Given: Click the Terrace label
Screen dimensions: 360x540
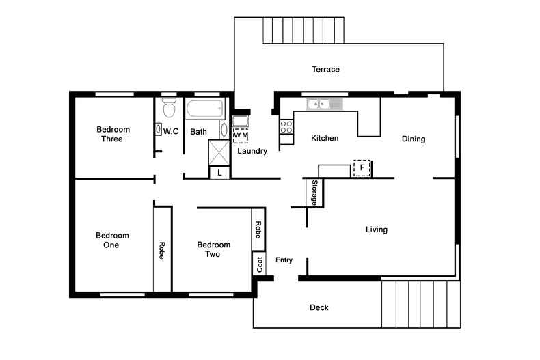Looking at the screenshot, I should pos(325,70).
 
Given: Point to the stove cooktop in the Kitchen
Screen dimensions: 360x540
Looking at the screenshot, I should pos(286,126).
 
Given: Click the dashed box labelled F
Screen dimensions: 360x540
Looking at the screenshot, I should pos(361,168).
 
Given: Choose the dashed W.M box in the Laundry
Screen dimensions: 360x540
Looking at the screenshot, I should pos(240,135).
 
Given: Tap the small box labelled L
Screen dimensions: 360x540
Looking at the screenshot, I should pos(219,173).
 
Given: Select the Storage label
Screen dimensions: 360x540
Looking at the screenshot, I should pos(314,193).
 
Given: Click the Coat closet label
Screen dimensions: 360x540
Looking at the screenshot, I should pos(259,264).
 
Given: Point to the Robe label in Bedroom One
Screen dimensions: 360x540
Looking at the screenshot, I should pos(162,249).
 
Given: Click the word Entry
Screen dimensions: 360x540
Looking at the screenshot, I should pos(284,260).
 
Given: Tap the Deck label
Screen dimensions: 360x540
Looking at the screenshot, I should pos(319,308).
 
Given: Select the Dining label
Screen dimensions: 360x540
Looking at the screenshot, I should pos(413,139).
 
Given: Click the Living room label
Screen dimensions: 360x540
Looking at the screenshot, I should pos(376,230).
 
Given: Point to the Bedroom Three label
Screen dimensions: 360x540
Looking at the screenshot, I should pos(113,134).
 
